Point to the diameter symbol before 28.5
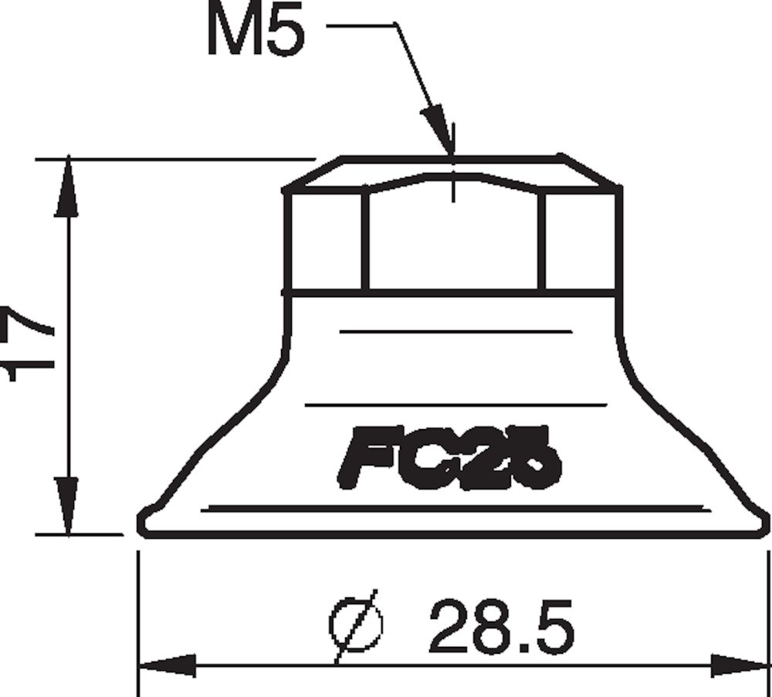[355, 626]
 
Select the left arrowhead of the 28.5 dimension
[166, 665]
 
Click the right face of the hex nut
[579, 241]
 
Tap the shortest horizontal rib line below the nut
[455, 331]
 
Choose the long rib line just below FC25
[455, 507]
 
